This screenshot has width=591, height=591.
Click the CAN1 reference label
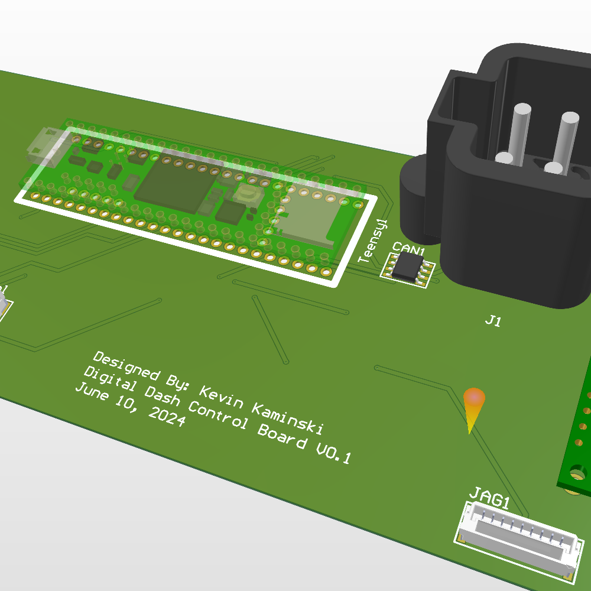point(409,249)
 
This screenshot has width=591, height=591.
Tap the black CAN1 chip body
point(407,267)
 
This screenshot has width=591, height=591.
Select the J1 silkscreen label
point(493,321)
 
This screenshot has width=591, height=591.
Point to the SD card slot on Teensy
point(310,217)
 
